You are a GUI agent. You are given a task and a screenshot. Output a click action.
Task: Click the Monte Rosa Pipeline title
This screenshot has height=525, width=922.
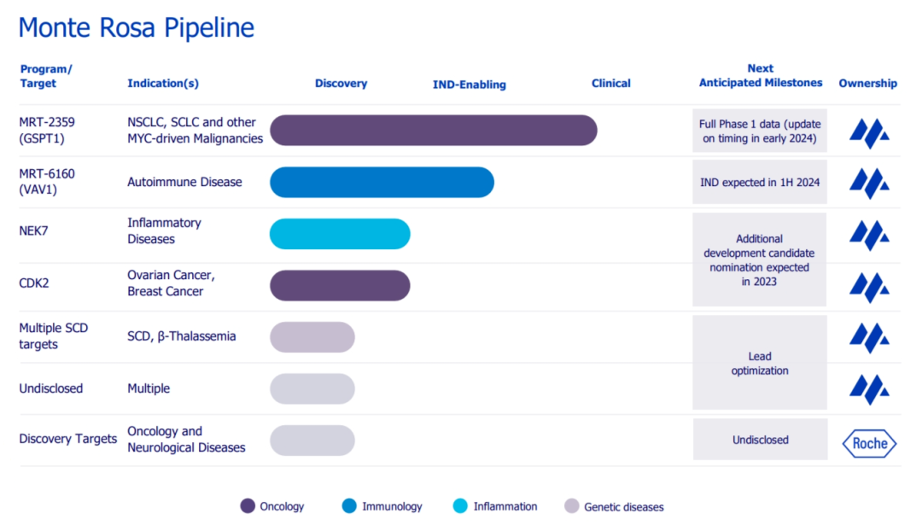[x=137, y=27]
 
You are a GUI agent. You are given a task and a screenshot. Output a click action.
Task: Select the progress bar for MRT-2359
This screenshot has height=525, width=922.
[x=433, y=130]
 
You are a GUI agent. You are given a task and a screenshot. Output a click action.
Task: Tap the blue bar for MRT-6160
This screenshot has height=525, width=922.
[x=382, y=182]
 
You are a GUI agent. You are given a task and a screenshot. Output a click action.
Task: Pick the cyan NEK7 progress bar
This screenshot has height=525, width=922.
[x=340, y=234]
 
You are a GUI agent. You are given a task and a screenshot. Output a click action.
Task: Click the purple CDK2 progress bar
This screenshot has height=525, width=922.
[x=340, y=286]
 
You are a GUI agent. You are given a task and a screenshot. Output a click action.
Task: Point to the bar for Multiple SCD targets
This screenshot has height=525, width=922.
[x=312, y=337]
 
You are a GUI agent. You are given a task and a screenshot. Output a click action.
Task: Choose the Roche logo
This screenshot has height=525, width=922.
[x=869, y=443]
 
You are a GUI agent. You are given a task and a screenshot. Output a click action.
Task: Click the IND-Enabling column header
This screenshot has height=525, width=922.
[x=469, y=85]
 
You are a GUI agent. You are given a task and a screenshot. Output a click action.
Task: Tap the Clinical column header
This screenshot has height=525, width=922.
[x=610, y=83]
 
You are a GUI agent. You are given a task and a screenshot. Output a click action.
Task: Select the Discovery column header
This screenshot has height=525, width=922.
[x=341, y=83]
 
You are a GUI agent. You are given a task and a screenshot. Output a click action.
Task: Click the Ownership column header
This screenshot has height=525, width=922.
[x=867, y=83]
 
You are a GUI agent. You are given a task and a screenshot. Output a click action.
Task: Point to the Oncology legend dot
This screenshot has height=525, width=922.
[x=248, y=506]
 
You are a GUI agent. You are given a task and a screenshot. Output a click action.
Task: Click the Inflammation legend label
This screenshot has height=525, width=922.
[x=505, y=506]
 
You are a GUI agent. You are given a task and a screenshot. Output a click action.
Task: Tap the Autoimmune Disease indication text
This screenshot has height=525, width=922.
[x=184, y=182]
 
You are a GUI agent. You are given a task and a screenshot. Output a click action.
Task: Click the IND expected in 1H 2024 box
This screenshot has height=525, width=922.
[x=759, y=182]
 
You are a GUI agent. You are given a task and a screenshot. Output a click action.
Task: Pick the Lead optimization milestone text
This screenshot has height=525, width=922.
[x=759, y=363]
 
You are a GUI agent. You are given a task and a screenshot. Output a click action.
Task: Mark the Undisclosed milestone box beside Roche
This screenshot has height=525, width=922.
[x=760, y=440]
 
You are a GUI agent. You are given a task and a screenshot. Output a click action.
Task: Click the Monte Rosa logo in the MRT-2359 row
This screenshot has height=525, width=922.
[x=869, y=132]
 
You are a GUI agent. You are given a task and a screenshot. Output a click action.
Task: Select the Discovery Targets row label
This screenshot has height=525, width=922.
[x=67, y=439]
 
